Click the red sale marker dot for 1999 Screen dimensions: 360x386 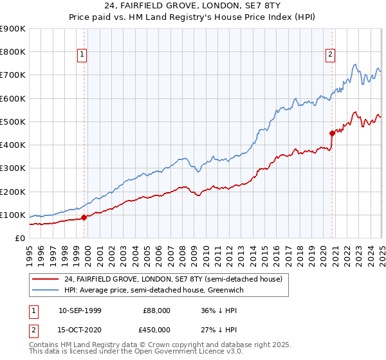coord(84,217)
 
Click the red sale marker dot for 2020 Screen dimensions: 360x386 coord(333,134)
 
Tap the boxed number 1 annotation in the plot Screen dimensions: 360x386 coord(83,55)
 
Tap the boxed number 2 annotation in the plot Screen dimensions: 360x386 coord(330,55)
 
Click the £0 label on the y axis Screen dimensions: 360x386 coord(19,238)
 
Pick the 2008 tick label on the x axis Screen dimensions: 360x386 coord(183,251)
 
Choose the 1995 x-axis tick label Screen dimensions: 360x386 coord(30,251)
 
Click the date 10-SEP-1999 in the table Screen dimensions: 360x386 coord(80,310)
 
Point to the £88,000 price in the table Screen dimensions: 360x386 coord(157,310)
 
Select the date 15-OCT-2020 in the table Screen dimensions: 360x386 coord(80,330)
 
